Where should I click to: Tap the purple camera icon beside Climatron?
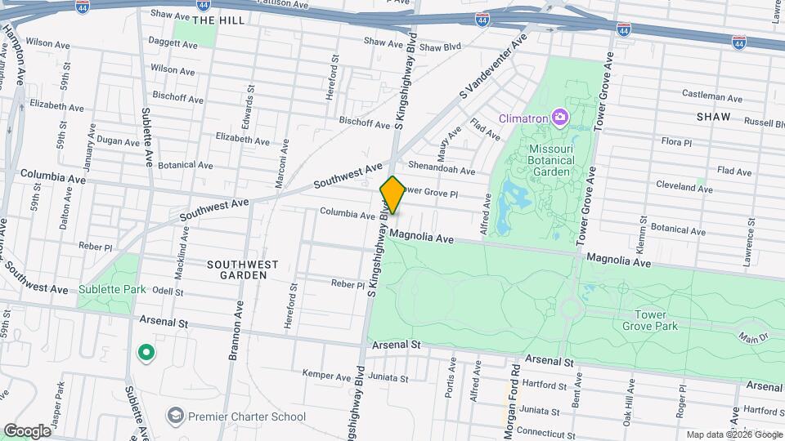click(x=559, y=118)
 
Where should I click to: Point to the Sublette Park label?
click(x=112, y=289)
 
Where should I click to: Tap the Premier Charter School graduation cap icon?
click(x=175, y=416)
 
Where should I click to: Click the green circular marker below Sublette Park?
click(x=146, y=353)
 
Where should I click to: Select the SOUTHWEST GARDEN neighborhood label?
click(x=242, y=269)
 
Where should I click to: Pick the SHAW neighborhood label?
click(x=712, y=118)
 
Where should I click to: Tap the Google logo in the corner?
click(x=27, y=430)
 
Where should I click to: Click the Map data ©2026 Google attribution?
click(x=733, y=434)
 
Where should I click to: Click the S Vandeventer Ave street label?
click(x=491, y=67)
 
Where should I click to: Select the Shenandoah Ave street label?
click(x=442, y=171)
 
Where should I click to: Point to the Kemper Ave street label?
click(x=326, y=376)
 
